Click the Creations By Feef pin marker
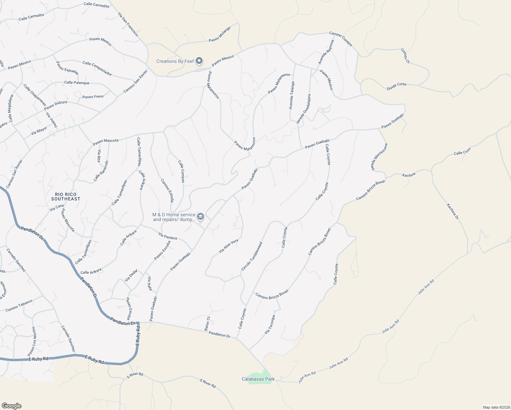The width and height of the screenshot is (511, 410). point(199,61)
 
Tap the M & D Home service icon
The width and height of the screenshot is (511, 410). point(201,217)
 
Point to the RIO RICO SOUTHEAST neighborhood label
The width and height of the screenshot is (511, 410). point(66,196)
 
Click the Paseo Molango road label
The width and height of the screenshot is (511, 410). point(220,34)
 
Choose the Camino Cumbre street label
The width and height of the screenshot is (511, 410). point(341,39)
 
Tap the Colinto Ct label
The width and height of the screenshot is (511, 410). point(405,56)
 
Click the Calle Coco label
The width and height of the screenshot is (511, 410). point(462,151)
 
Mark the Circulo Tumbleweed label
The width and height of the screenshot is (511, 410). point(252,257)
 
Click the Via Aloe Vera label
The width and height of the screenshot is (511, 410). point(229,246)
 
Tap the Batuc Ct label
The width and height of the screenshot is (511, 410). point(207,323)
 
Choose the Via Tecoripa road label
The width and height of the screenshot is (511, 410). point(270,325)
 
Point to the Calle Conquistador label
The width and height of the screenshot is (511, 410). point(97,68)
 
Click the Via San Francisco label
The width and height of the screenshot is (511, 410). point(128,25)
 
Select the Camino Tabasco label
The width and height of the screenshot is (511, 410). point(19,305)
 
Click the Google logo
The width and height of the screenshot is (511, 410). point(12,406)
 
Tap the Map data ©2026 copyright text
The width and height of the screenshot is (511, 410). point(496,407)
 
